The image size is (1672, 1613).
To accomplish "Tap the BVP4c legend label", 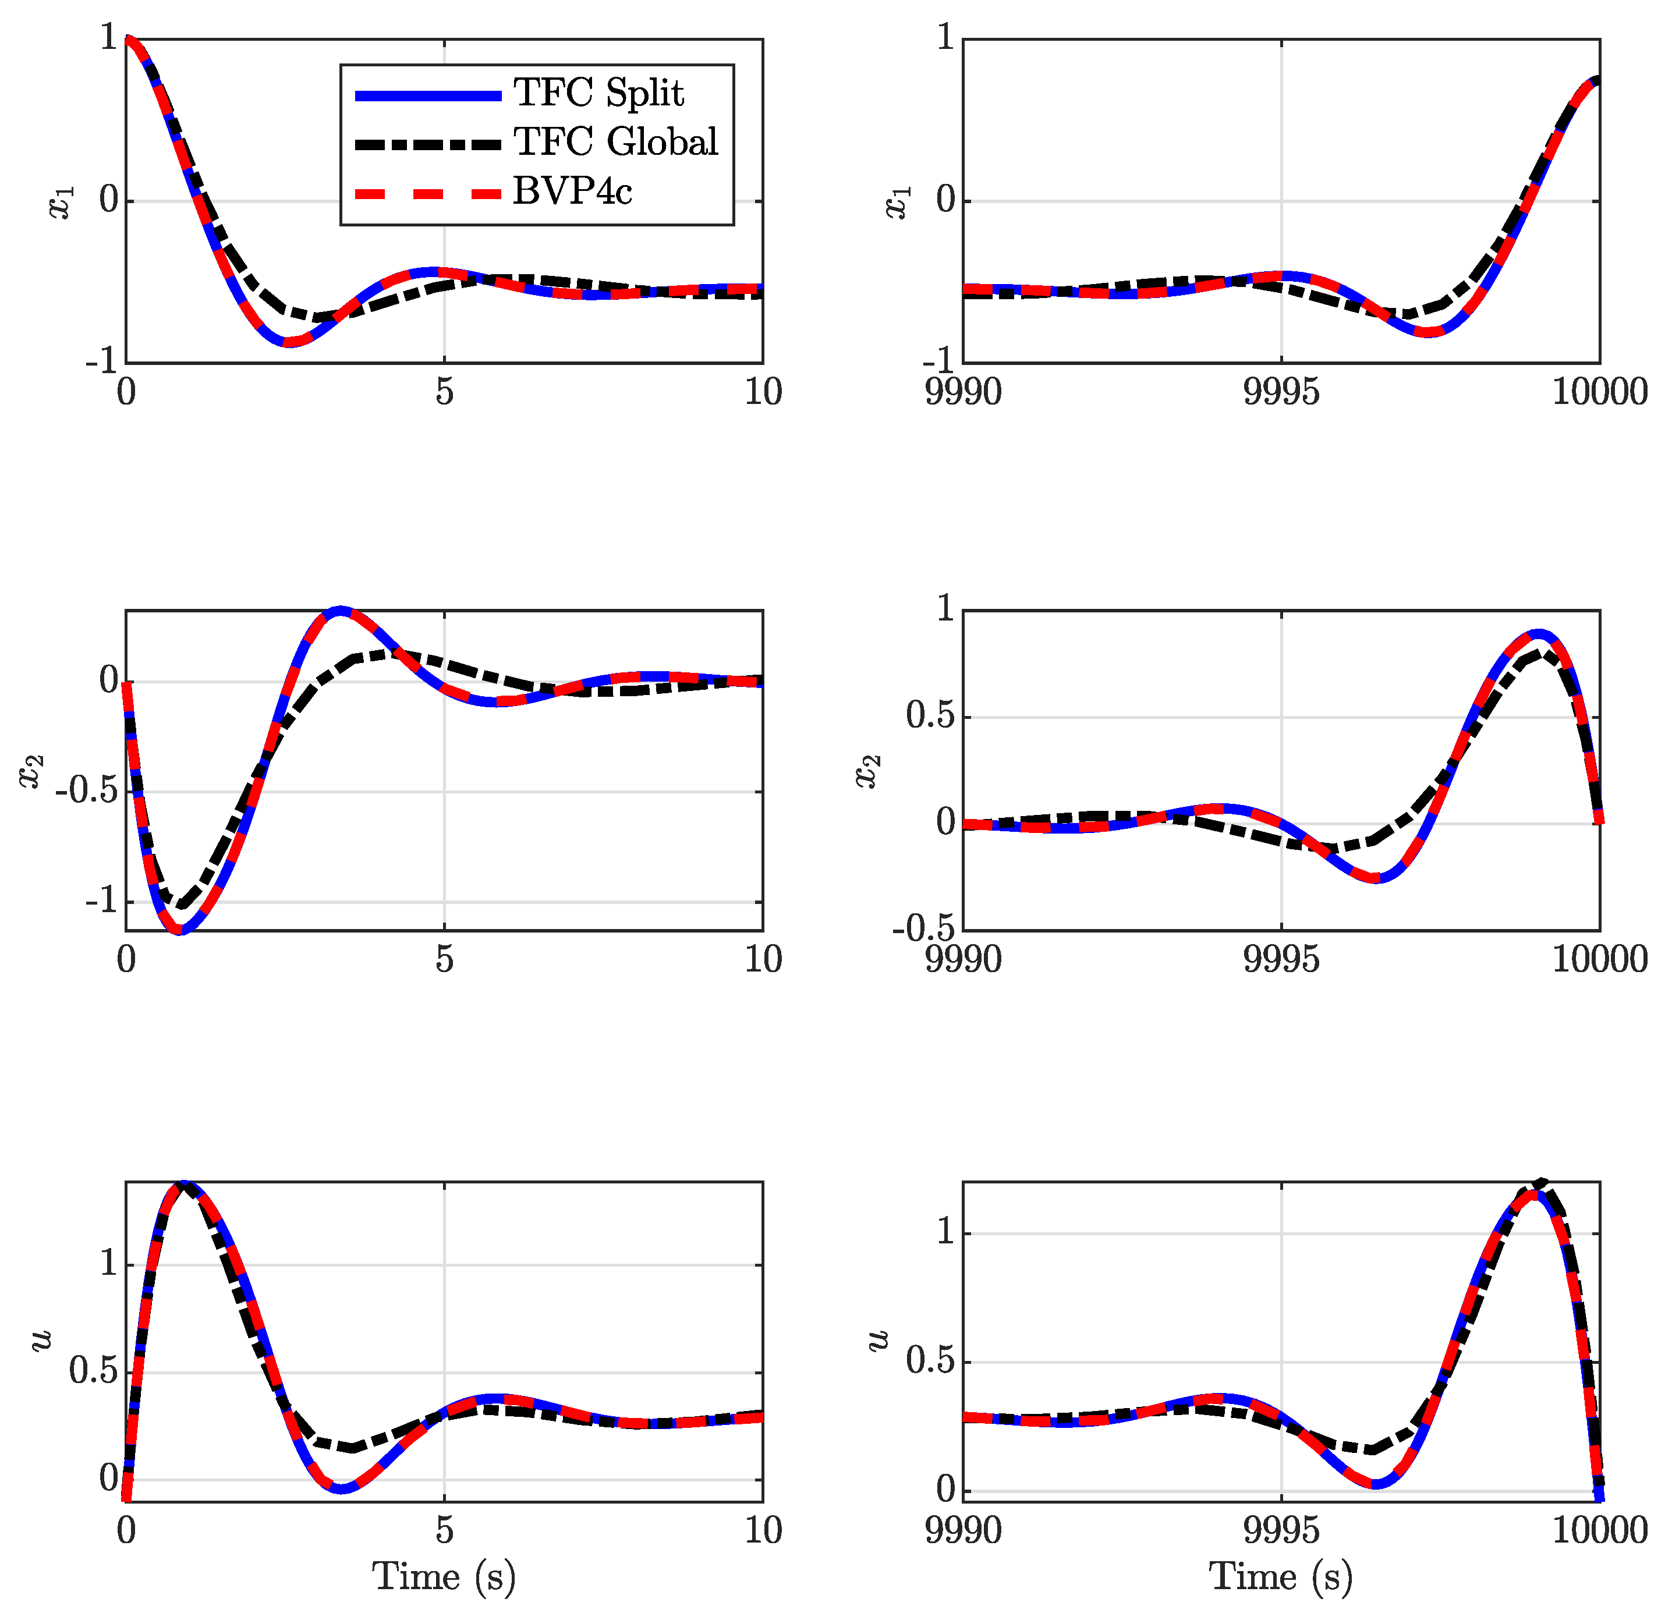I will pos(572,191).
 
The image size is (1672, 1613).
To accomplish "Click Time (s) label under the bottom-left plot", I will pos(444,1576).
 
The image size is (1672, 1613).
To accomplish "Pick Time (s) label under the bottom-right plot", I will pos(1280,1576).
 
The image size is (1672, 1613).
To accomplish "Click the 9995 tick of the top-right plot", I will pos(1280,392).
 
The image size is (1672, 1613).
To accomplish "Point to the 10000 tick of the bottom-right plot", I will pos(1599,1531).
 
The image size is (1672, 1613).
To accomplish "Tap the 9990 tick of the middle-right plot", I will pos(963,960).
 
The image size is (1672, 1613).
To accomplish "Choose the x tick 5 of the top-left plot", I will pos(444,392).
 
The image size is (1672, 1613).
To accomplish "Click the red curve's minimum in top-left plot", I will pos(288,342).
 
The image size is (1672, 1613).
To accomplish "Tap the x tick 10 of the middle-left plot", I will pos(763,960).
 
